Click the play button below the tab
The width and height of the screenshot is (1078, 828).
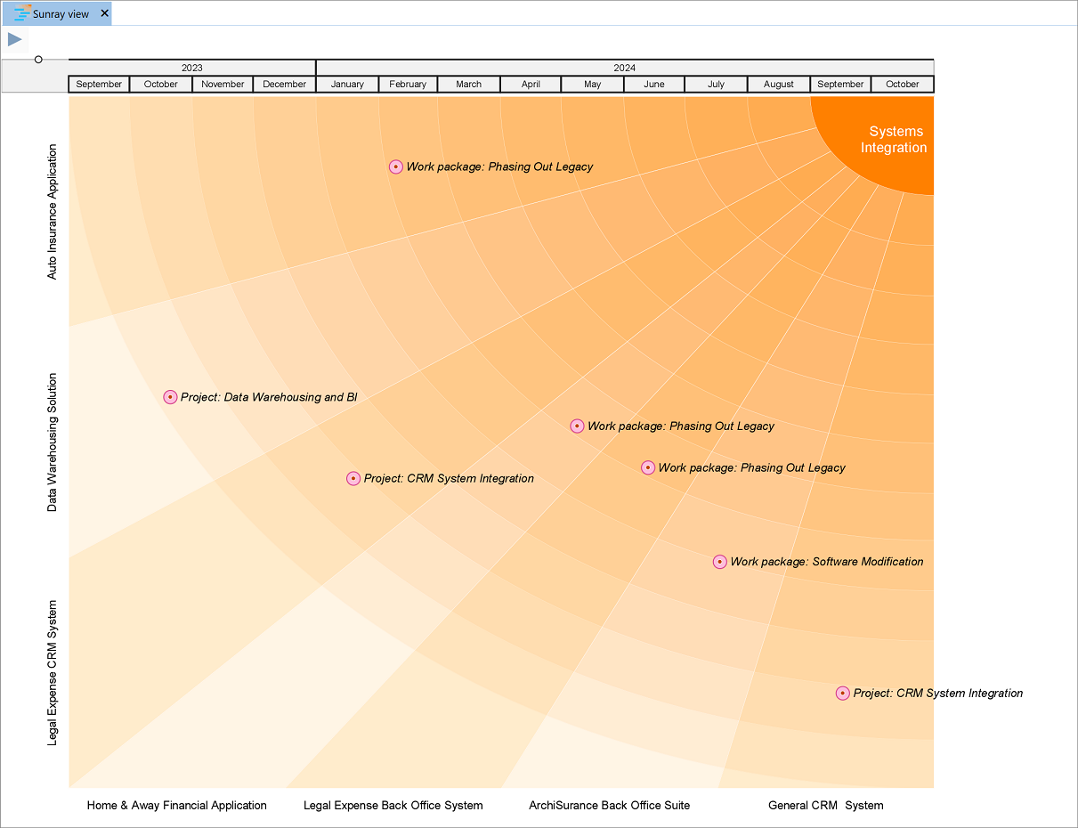[x=15, y=39]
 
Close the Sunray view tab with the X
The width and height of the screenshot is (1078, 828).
[x=104, y=13]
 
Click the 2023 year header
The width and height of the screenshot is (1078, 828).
[x=191, y=68]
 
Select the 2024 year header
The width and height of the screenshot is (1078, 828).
[x=624, y=68]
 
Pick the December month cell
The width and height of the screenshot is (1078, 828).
[x=285, y=85]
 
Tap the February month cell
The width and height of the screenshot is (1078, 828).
[x=408, y=85]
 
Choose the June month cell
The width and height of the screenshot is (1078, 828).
[x=653, y=85]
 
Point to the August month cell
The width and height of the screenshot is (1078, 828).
[x=778, y=85]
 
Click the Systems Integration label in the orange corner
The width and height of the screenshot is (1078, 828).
[x=894, y=140]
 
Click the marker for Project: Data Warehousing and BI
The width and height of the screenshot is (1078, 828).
[x=170, y=397]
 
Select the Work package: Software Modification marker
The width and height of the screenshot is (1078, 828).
[x=720, y=562]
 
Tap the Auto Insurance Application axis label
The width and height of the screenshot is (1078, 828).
[x=52, y=212]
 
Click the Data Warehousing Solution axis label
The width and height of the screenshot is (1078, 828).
[x=52, y=442]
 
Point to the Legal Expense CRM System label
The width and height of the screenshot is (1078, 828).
[x=52, y=672]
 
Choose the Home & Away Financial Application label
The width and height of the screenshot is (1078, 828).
[x=176, y=806]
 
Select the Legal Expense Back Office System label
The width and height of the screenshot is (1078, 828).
[x=393, y=806]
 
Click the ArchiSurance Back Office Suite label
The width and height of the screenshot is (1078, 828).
[x=609, y=806]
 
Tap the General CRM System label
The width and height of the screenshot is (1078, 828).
[x=825, y=806]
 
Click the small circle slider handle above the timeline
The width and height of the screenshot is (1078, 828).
[x=38, y=60]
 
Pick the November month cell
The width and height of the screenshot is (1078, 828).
[x=223, y=85]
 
